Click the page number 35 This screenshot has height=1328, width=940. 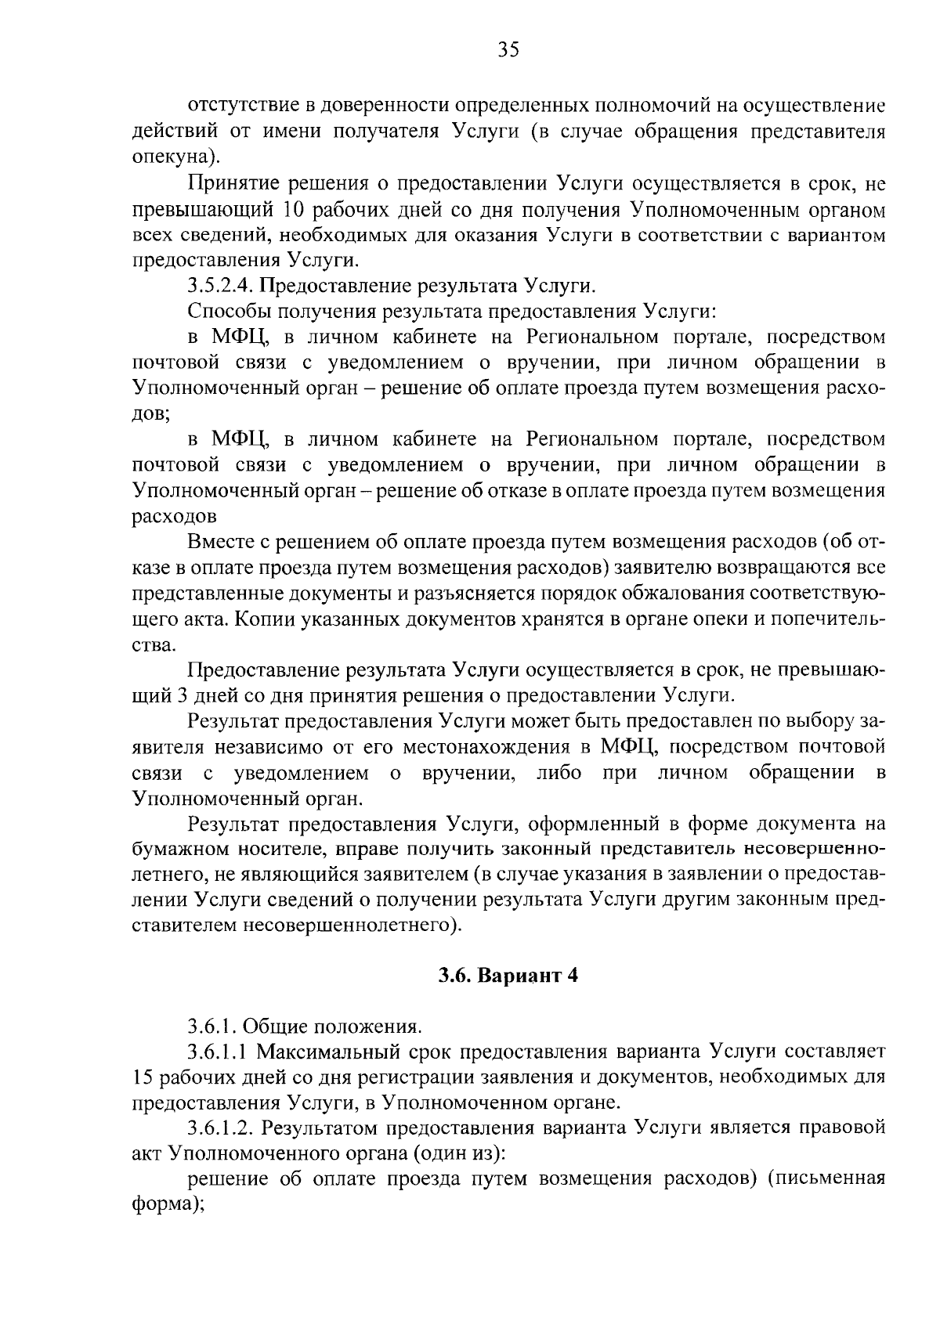click(x=508, y=50)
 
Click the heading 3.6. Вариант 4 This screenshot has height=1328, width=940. click(x=508, y=976)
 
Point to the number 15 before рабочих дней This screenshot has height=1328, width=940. click(x=142, y=1077)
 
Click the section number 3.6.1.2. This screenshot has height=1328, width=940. click(x=217, y=1128)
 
